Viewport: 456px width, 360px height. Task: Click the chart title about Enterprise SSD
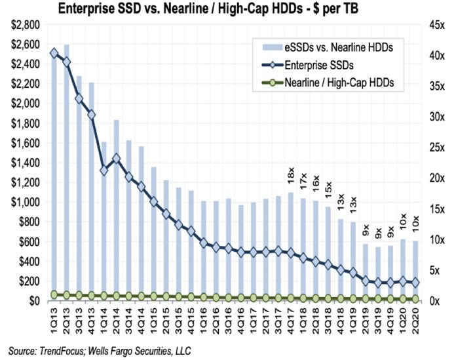coord(227,9)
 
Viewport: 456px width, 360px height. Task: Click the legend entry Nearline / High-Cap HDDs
coord(342,83)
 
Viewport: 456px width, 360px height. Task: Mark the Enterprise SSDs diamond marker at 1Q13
coord(54,53)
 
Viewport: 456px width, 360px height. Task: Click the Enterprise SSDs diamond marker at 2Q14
coord(117,158)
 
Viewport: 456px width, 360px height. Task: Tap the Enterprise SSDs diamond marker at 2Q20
coord(415,283)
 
